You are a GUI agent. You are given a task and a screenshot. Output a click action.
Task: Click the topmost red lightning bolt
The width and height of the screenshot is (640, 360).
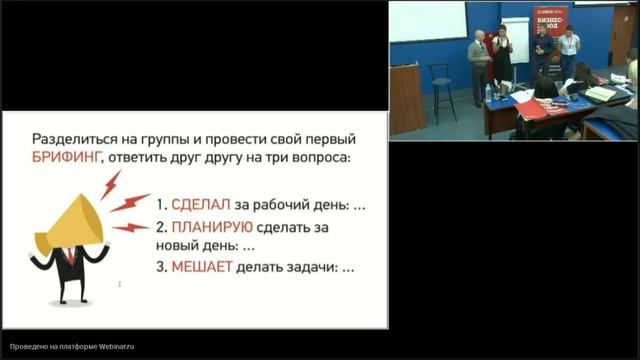click(x=110, y=183)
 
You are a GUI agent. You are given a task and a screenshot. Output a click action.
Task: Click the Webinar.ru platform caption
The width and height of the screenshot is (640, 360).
click(x=69, y=347)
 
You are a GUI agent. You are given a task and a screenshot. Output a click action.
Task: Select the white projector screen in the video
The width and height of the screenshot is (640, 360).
click(x=427, y=21)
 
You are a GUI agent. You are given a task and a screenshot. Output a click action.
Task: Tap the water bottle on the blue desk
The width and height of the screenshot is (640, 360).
click(x=488, y=93)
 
